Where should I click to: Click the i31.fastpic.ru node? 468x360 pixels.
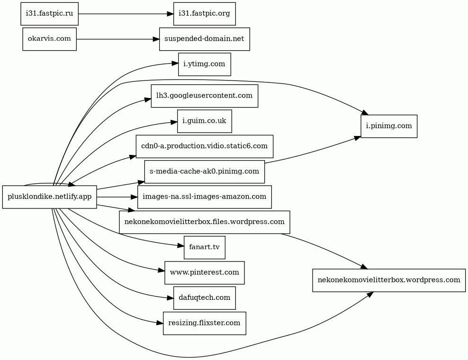(x=50, y=14)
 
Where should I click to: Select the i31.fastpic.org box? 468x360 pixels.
(x=205, y=14)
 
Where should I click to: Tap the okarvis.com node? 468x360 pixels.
(x=50, y=39)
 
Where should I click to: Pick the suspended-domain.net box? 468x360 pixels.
(x=205, y=39)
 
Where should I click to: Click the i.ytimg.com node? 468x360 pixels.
(x=205, y=64)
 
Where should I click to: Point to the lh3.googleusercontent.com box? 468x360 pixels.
(x=205, y=96)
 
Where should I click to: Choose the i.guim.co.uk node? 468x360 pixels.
(x=205, y=121)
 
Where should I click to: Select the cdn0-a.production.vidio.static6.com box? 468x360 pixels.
(x=205, y=146)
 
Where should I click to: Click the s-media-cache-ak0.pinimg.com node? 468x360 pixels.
(x=205, y=171)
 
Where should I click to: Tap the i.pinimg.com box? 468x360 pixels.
(x=389, y=126)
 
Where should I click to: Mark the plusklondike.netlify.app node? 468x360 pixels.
(x=50, y=197)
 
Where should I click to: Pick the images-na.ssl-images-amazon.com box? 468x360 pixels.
(x=205, y=197)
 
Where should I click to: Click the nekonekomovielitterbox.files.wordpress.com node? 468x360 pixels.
(x=205, y=222)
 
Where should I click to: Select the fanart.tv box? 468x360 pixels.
(x=205, y=247)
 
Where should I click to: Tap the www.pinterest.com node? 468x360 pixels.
(x=205, y=272)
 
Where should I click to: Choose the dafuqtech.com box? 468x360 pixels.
(x=205, y=298)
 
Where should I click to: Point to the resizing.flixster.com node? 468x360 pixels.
(x=205, y=323)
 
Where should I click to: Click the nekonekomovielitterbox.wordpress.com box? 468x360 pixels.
(x=389, y=280)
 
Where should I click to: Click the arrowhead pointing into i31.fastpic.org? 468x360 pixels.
(x=170, y=14)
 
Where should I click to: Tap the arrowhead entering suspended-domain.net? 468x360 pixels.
(x=156, y=39)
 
